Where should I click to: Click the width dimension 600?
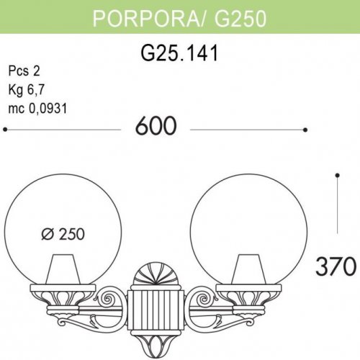click(155, 127)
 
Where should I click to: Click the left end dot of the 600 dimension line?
click(5, 130)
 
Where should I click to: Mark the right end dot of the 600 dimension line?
click(305, 130)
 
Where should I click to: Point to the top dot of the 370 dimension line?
click(337, 174)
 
